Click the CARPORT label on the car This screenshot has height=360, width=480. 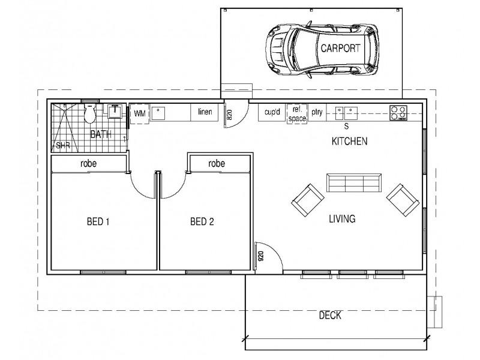[340, 48]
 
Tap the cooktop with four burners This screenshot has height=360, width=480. [398, 113]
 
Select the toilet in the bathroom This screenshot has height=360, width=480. [90, 113]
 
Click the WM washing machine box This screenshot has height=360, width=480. [140, 114]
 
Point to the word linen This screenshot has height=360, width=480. [205, 112]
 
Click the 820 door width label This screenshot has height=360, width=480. [230, 115]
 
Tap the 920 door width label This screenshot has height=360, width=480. [261, 257]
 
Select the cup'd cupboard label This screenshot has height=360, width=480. [272, 112]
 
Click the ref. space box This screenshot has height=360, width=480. [297, 114]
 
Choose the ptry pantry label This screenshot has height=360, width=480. [317, 112]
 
